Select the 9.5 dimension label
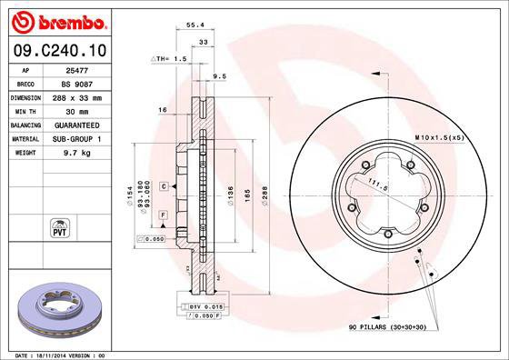click(x=218, y=76)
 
